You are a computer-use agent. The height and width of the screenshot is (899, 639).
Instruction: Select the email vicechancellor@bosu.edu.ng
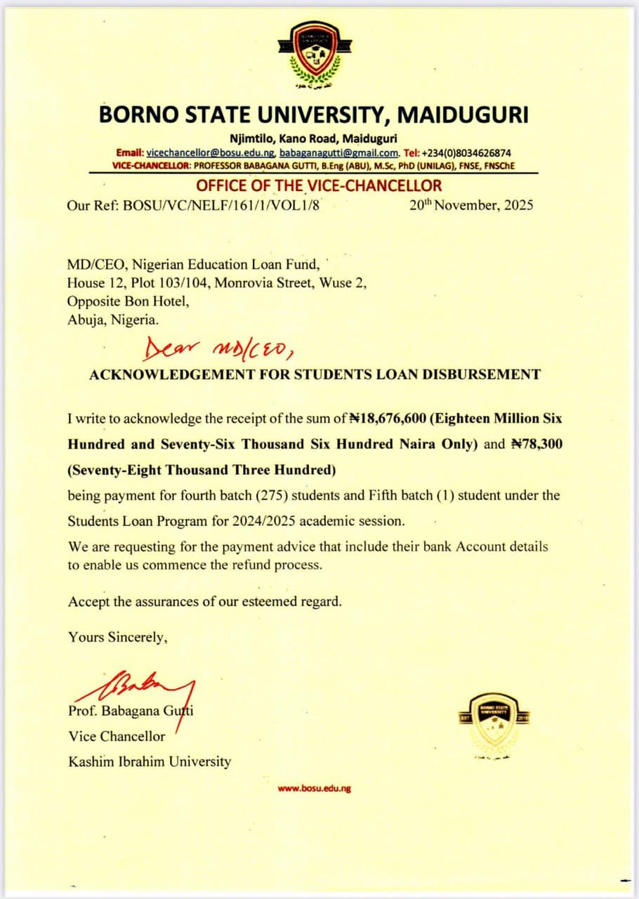[x=210, y=152]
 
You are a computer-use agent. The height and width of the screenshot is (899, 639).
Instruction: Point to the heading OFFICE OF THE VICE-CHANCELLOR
[x=319, y=186]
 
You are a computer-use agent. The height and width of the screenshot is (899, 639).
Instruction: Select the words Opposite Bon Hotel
[x=128, y=301]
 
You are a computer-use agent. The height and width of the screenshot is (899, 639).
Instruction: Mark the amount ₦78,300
[x=536, y=445]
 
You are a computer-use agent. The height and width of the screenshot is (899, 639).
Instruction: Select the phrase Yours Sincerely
[x=118, y=637]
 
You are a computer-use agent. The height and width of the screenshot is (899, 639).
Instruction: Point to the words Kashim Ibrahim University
[x=149, y=761]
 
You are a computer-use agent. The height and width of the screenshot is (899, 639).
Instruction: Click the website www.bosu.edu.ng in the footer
[x=314, y=788]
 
